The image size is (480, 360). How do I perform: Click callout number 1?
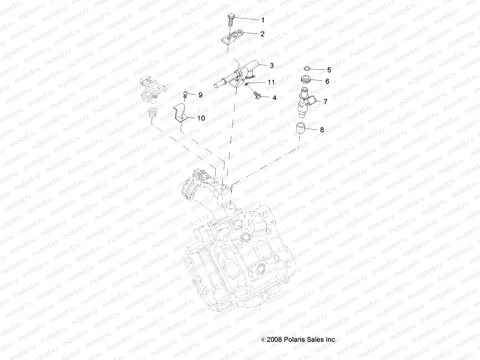(x=263, y=20)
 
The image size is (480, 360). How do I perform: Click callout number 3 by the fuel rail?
(x=271, y=66)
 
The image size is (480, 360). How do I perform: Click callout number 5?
(x=329, y=70)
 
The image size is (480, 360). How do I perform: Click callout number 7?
(x=325, y=102)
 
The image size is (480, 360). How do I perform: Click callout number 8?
(x=322, y=130)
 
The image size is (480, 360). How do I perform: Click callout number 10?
(x=201, y=118)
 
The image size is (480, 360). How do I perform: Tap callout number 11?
(x=271, y=82)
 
